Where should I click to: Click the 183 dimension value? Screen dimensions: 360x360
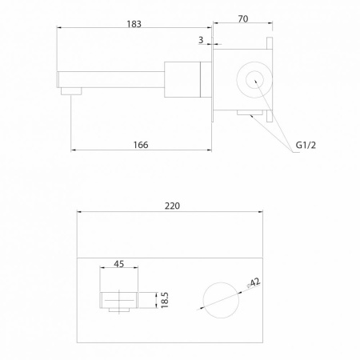(x=134, y=24)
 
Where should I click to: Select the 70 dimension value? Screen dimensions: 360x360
(x=243, y=19)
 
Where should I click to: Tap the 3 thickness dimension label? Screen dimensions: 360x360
(x=201, y=40)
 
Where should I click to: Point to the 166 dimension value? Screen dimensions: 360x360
(x=141, y=145)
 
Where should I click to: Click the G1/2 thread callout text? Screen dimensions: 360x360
(x=306, y=145)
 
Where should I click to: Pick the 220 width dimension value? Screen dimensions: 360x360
(x=172, y=206)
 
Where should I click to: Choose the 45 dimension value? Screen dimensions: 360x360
(x=118, y=264)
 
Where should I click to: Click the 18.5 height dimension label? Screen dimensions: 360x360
(x=165, y=300)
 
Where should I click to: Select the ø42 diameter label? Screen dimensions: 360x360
(x=253, y=282)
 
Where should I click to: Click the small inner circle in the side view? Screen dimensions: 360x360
(x=254, y=80)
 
